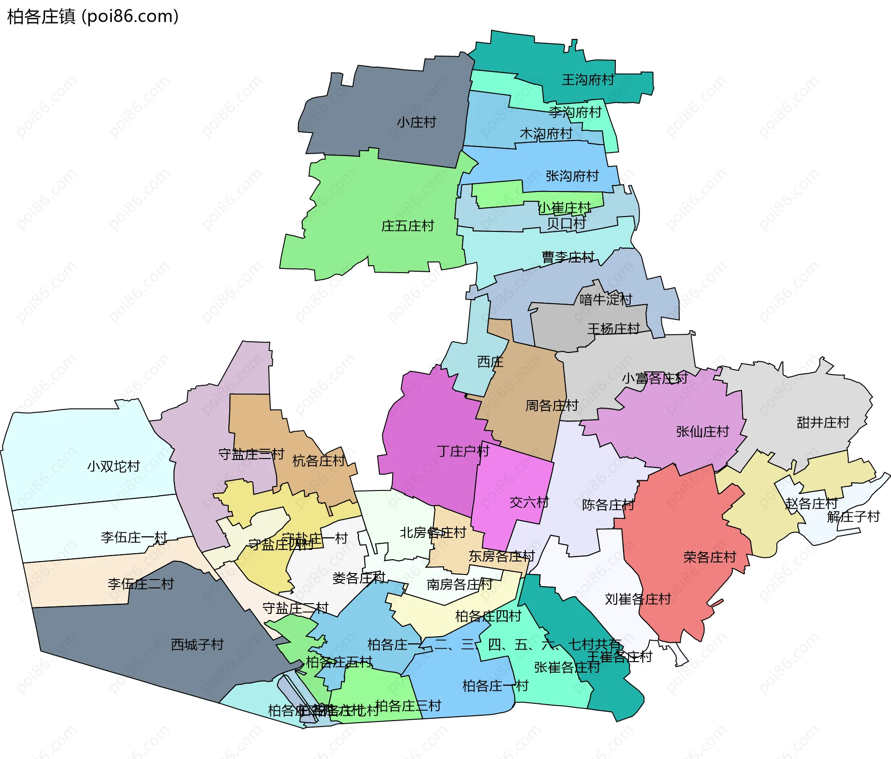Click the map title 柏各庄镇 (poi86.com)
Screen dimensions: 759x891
point(93,17)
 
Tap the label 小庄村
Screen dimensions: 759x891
point(416,122)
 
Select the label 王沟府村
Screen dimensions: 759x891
point(588,80)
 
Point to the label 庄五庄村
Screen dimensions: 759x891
point(407,226)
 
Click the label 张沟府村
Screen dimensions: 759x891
point(572,176)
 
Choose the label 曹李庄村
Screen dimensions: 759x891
point(568,257)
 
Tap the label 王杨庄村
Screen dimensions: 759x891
point(613,329)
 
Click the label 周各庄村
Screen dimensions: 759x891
point(551,406)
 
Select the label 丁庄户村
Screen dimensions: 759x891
point(463,451)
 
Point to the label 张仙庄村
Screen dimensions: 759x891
point(703,432)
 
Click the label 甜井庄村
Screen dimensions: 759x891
point(823,422)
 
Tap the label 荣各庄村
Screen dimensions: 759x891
point(710,557)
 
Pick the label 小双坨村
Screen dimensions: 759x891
point(114,466)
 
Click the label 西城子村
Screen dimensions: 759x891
point(197,644)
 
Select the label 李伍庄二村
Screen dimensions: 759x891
point(141,584)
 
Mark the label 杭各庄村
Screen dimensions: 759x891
point(318,461)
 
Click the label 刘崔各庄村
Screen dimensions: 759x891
point(638,599)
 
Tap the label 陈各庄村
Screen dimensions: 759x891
point(608,504)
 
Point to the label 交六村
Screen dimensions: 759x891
point(529,502)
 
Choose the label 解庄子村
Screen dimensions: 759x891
point(853,517)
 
